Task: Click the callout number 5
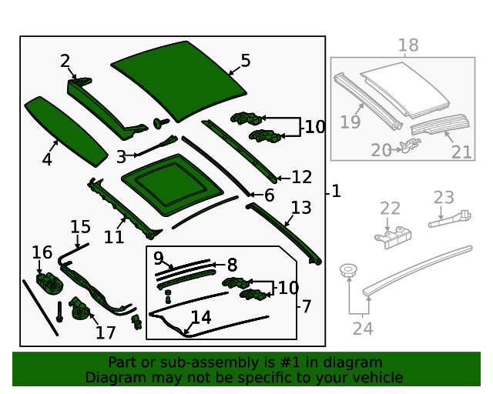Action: tap(245, 61)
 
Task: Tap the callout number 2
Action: tap(65, 61)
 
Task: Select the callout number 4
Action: tap(47, 159)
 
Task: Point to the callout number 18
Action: tap(407, 45)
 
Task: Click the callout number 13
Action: tap(300, 207)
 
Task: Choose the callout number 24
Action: tap(362, 329)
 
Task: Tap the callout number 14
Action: tap(200, 316)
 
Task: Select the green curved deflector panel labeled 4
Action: tap(65, 131)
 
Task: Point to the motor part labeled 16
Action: tap(49, 282)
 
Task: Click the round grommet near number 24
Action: tap(349, 271)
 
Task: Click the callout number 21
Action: tap(461, 152)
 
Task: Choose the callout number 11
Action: tap(114, 237)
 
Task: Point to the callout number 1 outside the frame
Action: tap(336, 192)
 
